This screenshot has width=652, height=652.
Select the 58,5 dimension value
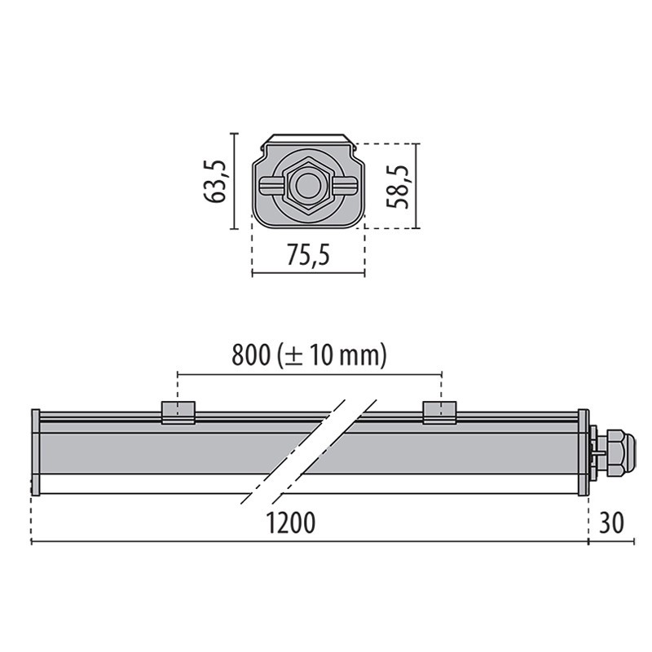click(x=399, y=186)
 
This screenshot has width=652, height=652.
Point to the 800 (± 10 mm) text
click(x=309, y=355)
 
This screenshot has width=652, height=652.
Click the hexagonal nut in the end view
click(x=307, y=186)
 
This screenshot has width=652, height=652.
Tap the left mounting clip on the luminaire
click(x=178, y=412)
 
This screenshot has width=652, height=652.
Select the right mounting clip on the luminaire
click(x=439, y=412)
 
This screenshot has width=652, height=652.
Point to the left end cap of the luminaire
click(x=35, y=452)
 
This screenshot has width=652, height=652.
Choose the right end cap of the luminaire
click(x=583, y=452)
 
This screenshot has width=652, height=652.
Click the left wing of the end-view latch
click(x=270, y=186)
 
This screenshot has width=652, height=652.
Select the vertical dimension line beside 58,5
click(x=417, y=186)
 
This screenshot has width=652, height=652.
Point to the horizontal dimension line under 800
click(x=309, y=374)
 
